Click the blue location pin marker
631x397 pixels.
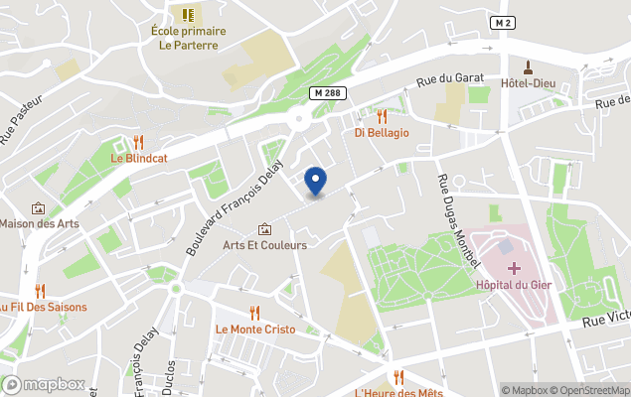tap(315, 181)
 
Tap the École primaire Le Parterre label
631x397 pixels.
tap(188, 38)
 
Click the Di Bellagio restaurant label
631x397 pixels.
tap(382, 132)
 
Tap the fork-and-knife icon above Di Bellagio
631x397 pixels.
tap(382, 115)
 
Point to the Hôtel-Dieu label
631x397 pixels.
tap(529, 82)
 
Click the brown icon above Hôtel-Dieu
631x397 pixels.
tap(529, 66)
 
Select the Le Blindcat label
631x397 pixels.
tap(138, 158)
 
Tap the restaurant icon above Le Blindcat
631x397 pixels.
tap(138, 141)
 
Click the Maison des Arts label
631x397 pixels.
tap(40, 223)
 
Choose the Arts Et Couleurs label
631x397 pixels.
tap(264, 245)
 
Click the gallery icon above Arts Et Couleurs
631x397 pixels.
tap(264, 228)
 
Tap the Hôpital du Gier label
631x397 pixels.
tap(514, 285)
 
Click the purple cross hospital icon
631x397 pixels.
tap(514, 268)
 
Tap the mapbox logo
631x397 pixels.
tap(45, 384)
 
